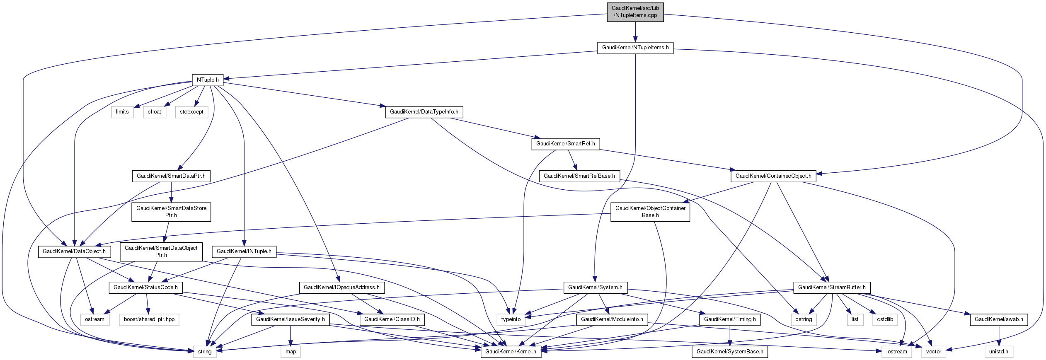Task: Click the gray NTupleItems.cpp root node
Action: pos(635,12)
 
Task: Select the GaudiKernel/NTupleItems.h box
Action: pos(635,48)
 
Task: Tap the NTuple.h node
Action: pos(208,80)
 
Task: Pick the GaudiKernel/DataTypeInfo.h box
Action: pos(424,112)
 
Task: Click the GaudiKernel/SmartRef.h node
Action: pos(565,144)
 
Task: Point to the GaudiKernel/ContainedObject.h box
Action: pos(773,176)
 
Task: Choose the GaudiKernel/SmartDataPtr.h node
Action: pos(171,176)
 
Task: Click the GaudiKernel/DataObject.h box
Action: pos(74,251)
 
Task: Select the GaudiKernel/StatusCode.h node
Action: pos(145,288)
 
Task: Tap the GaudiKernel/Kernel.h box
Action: pos(511,352)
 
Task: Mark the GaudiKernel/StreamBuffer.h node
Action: pos(831,288)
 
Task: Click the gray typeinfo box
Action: pos(511,319)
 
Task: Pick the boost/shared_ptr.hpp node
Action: pos(149,319)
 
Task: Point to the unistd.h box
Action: pos(998,352)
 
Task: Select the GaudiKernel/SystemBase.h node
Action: pos(729,352)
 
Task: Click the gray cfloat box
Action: pos(154,112)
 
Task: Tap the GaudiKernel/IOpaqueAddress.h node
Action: pos(341,288)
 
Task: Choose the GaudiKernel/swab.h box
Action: pos(998,319)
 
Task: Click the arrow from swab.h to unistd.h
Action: pos(999,336)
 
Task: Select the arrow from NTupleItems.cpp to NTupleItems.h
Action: pos(635,32)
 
